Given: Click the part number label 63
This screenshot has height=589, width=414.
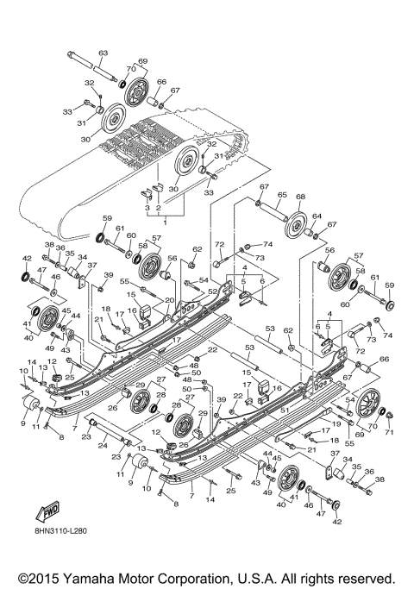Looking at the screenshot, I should (x=103, y=53).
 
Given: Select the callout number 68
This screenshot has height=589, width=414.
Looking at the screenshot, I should (x=301, y=196).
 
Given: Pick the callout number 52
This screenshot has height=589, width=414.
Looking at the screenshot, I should (x=211, y=292).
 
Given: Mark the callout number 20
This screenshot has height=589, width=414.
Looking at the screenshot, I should (x=169, y=300).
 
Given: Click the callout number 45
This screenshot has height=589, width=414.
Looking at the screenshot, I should (x=66, y=311).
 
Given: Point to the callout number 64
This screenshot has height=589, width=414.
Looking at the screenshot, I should (x=317, y=217).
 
